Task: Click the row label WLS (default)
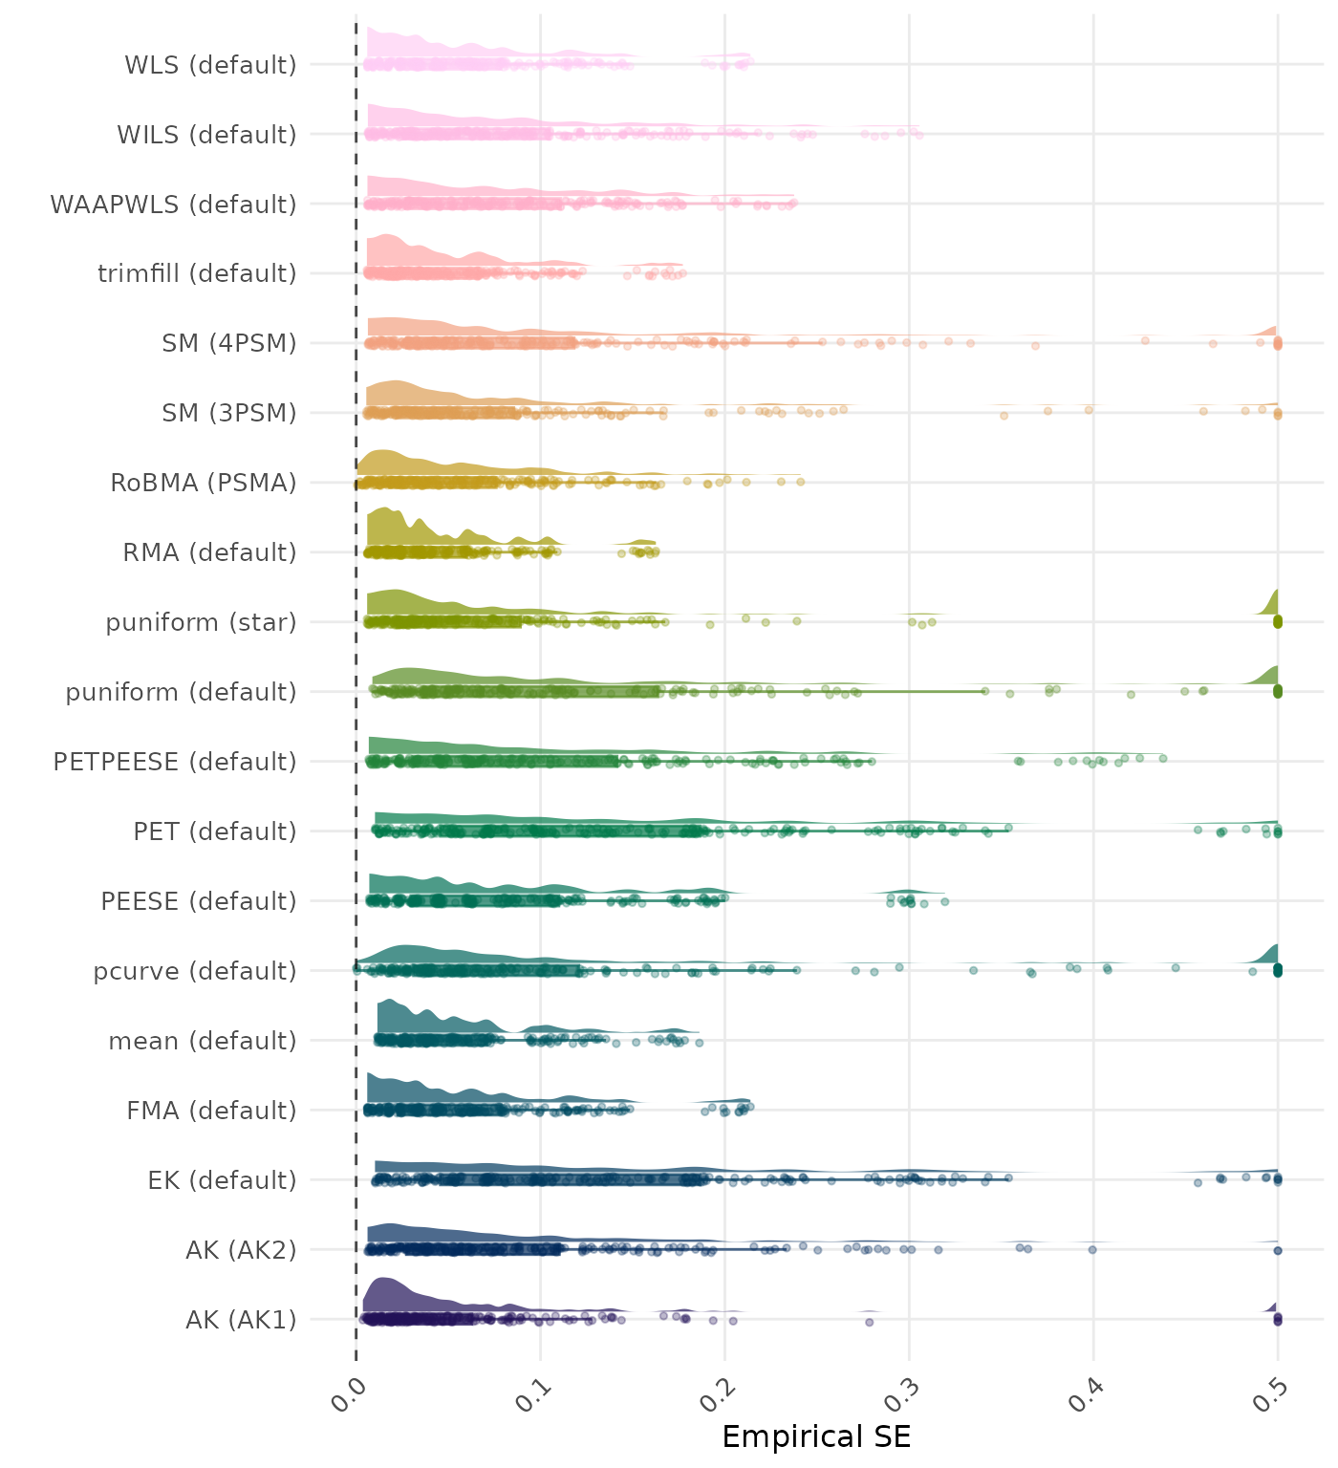click(210, 65)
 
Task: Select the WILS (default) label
click(206, 135)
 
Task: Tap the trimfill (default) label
click(197, 273)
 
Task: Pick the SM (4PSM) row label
click(229, 343)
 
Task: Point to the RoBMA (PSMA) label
click(203, 483)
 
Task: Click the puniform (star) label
click(201, 622)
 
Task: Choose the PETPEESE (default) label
click(175, 762)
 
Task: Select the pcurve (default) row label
click(195, 971)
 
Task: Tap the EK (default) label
click(222, 1180)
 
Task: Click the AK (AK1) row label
click(241, 1320)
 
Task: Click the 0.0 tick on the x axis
click(350, 1396)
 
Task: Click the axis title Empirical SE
click(816, 1436)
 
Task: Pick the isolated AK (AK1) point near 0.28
click(869, 1322)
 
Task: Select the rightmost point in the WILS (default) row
click(918, 135)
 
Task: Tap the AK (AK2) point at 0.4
click(1092, 1249)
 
